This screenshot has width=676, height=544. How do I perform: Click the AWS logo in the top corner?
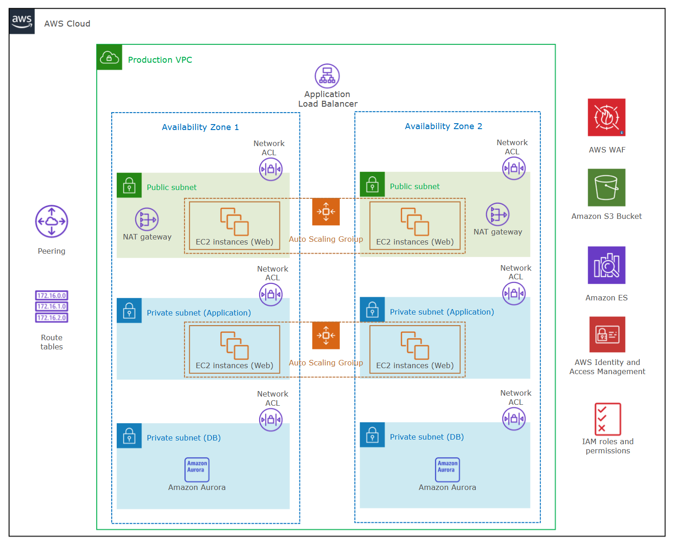tap(22, 21)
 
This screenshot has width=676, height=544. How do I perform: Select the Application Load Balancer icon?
tap(327, 76)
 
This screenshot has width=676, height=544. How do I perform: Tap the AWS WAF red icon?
tap(606, 117)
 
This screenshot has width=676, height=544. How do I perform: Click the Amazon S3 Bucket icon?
tap(606, 187)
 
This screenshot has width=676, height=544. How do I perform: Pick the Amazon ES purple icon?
tap(606, 265)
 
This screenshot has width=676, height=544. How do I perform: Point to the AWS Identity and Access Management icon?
tap(607, 334)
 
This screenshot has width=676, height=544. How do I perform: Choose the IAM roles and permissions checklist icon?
tap(607, 419)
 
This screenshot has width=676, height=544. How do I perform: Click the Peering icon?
tap(52, 221)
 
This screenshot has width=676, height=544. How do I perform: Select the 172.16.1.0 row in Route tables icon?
tap(52, 306)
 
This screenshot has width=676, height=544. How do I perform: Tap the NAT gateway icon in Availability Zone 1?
tap(147, 219)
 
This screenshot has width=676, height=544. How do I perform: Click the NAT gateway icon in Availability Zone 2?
tap(497, 214)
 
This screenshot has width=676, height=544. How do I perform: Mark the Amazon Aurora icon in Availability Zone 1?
tap(197, 469)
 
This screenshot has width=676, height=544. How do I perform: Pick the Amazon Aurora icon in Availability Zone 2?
tap(447, 469)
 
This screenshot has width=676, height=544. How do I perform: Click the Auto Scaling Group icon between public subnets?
tap(326, 212)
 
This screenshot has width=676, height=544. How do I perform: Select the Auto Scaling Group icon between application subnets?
tap(326, 335)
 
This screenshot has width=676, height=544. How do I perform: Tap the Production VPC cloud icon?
tap(109, 57)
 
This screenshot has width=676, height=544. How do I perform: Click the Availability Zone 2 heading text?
tap(443, 126)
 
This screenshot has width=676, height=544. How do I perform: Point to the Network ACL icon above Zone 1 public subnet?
tap(271, 169)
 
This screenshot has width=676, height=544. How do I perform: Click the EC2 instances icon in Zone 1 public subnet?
tap(234, 222)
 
